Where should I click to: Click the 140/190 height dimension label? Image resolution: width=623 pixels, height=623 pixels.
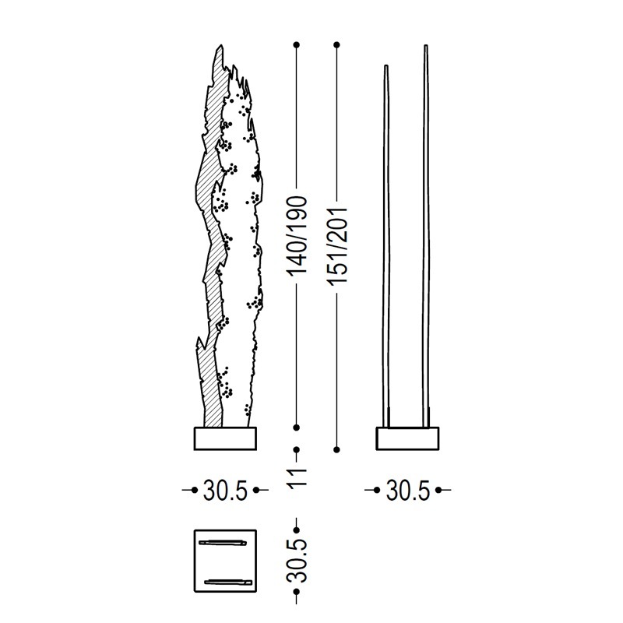tap(297, 235)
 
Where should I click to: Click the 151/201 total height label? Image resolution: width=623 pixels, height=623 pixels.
tap(337, 245)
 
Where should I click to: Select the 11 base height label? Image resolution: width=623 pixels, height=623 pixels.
tap(297, 477)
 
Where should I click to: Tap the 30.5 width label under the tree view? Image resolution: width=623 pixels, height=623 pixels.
tap(225, 491)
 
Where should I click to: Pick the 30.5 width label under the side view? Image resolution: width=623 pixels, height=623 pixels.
tap(407, 491)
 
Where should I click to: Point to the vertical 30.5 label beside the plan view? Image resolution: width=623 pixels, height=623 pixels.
tap(297, 561)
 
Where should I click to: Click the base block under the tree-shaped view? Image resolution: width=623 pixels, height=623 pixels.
tap(225, 438)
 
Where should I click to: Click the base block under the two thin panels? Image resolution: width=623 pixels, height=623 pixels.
tap(407, 438)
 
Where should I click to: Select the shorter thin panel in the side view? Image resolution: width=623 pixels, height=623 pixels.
tap(386, 246)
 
